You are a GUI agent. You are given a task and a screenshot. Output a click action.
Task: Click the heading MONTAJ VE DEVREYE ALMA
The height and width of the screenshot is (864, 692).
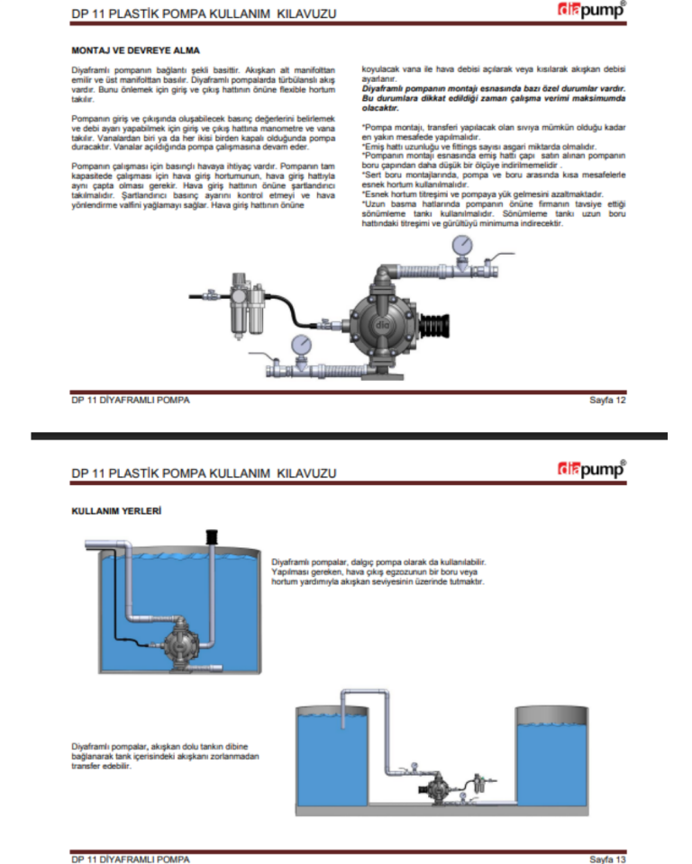(x=135, y=49)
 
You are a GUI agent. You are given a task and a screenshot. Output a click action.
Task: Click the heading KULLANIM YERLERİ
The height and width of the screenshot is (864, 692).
(x=116, y=511)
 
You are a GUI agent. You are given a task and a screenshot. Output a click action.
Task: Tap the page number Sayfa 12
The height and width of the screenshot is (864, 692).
(x=606, y=400)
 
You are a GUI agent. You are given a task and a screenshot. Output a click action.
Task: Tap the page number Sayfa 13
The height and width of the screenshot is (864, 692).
(x=606, y=858)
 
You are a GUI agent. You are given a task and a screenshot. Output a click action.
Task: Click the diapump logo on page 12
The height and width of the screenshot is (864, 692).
(x=591, y=13)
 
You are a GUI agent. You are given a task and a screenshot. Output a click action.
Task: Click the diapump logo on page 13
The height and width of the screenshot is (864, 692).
(x=591, y=470)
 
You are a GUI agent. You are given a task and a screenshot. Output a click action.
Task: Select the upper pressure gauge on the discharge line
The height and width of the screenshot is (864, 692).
(x=462, y=246)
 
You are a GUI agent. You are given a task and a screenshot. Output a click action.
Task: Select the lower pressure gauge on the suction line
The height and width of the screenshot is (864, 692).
(x=301, y=346)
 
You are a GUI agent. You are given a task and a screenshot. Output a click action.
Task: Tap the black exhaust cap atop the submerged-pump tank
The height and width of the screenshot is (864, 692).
(x=214, y=538)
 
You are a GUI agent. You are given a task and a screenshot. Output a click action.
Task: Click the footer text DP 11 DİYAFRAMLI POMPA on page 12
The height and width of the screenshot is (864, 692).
(x=131, y=400)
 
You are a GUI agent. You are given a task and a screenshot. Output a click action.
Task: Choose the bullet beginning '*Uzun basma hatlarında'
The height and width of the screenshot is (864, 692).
(x=493, y=214)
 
